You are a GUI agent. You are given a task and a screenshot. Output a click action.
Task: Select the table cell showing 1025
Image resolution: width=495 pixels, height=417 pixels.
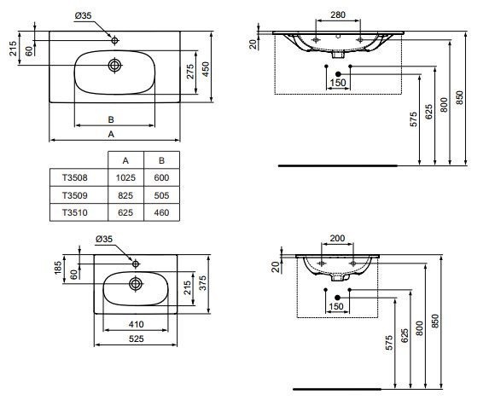coord(125,178)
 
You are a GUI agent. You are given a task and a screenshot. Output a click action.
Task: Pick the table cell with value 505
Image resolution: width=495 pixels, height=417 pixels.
coord(159,195)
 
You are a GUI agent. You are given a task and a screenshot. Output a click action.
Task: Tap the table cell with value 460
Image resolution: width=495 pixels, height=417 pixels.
coord(159,212)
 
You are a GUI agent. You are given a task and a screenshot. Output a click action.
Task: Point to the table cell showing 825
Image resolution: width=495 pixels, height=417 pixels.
coord(125,195)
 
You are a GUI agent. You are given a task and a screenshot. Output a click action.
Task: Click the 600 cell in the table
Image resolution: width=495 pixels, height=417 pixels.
coord(159,178)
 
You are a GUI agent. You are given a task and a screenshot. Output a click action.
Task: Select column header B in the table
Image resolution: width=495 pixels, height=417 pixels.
coord(159,160)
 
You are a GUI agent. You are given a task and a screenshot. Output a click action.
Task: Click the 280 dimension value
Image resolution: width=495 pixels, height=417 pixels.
coord(338,14)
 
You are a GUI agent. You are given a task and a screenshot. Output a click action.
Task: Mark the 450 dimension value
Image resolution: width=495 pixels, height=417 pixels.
coord(206,67)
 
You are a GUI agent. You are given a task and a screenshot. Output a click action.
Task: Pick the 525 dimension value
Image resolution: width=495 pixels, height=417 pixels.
coord(137,338)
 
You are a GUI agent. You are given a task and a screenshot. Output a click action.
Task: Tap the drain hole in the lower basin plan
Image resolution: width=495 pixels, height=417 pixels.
coord(135,283)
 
